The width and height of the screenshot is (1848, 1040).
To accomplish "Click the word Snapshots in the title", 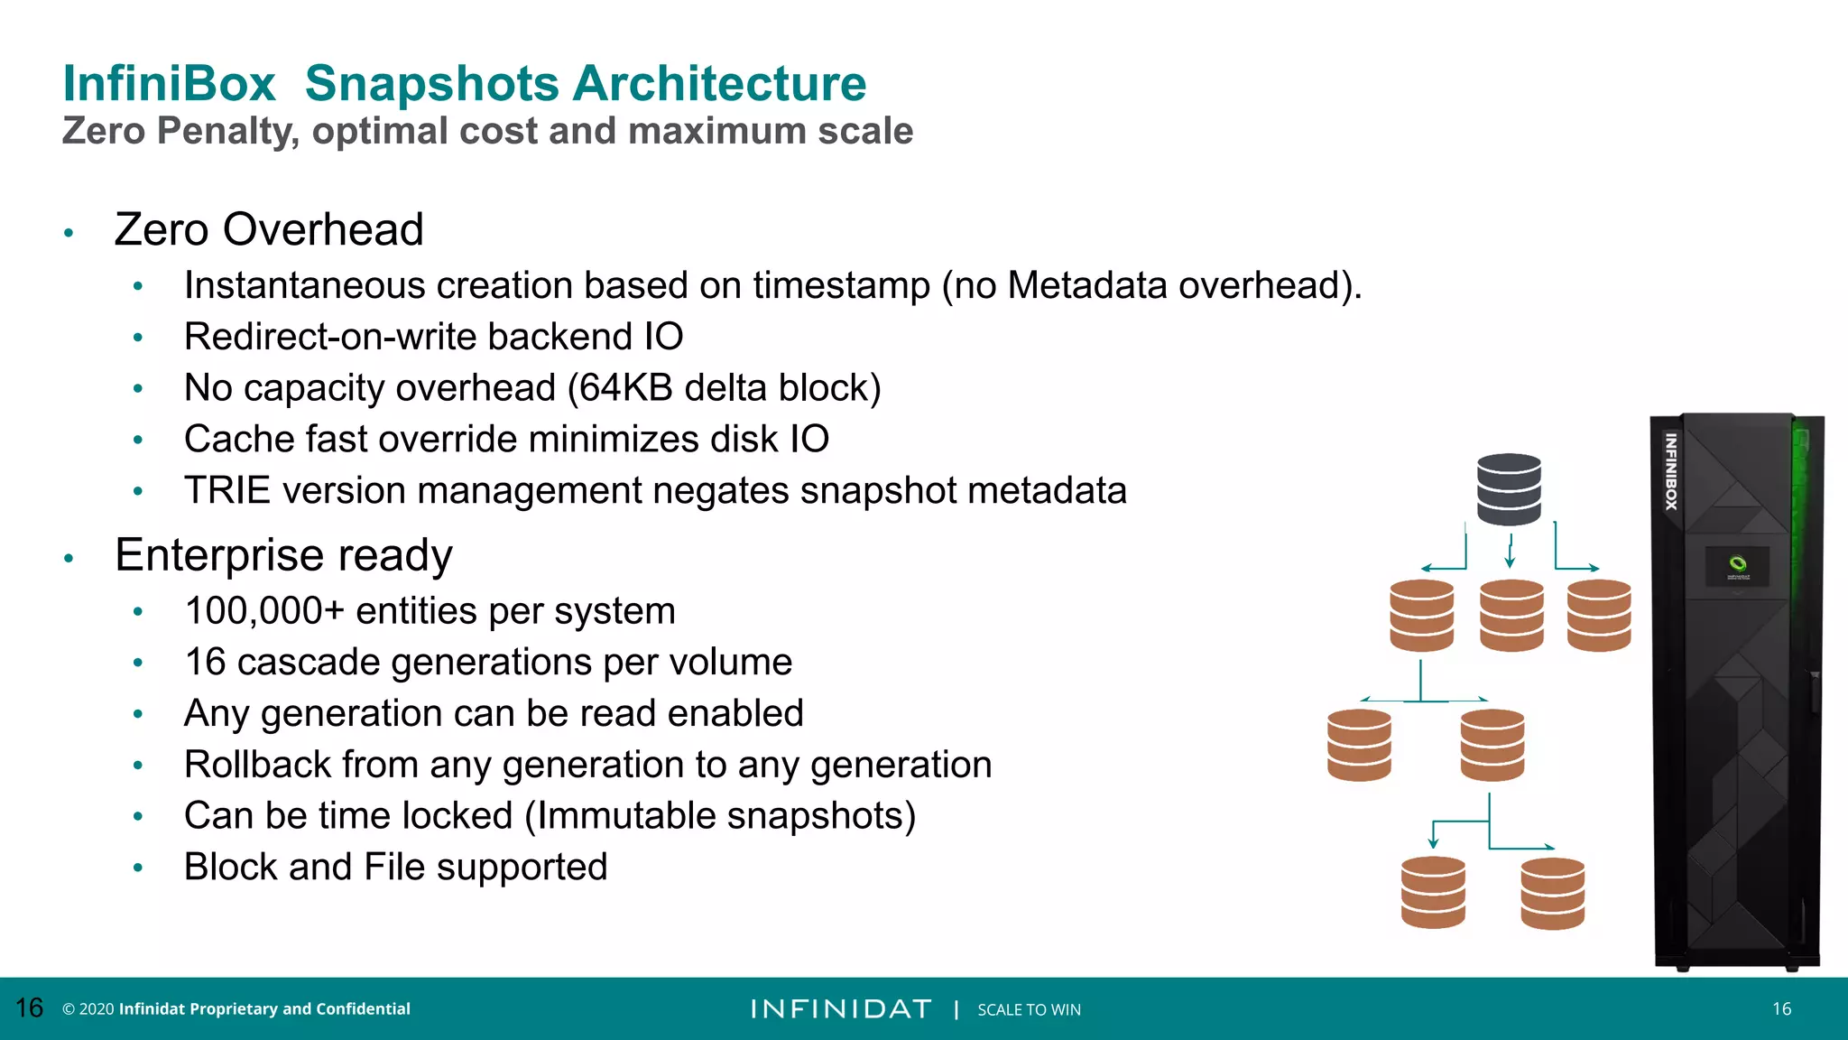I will (x=431, y=84).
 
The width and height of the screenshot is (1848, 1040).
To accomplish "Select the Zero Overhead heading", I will (x=269, y=229).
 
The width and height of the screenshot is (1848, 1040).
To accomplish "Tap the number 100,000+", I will (x=264, y=611).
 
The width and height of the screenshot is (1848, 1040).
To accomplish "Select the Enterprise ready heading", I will (x=283, y=555).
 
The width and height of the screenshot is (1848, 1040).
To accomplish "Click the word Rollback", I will (x=256, y=765).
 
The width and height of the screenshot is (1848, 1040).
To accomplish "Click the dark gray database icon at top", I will (x=1509, y=489).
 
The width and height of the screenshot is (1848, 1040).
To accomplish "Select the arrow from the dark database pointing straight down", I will (x=1510, y=551).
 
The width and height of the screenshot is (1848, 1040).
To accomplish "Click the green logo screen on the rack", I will (x=1737, y=567).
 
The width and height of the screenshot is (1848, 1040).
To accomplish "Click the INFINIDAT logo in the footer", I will (x=840, y=1009).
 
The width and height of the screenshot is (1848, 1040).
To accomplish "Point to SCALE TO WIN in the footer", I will (x=1029, y=1010).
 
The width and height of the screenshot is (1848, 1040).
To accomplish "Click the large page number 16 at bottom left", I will (x=30, y=1008).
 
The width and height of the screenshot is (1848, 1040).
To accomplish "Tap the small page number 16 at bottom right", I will (x=1781, y=1009).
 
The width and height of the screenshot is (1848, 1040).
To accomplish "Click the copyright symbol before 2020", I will (x=68, y=1009).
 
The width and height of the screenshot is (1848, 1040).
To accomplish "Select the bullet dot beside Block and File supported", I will (x=138, y=868).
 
